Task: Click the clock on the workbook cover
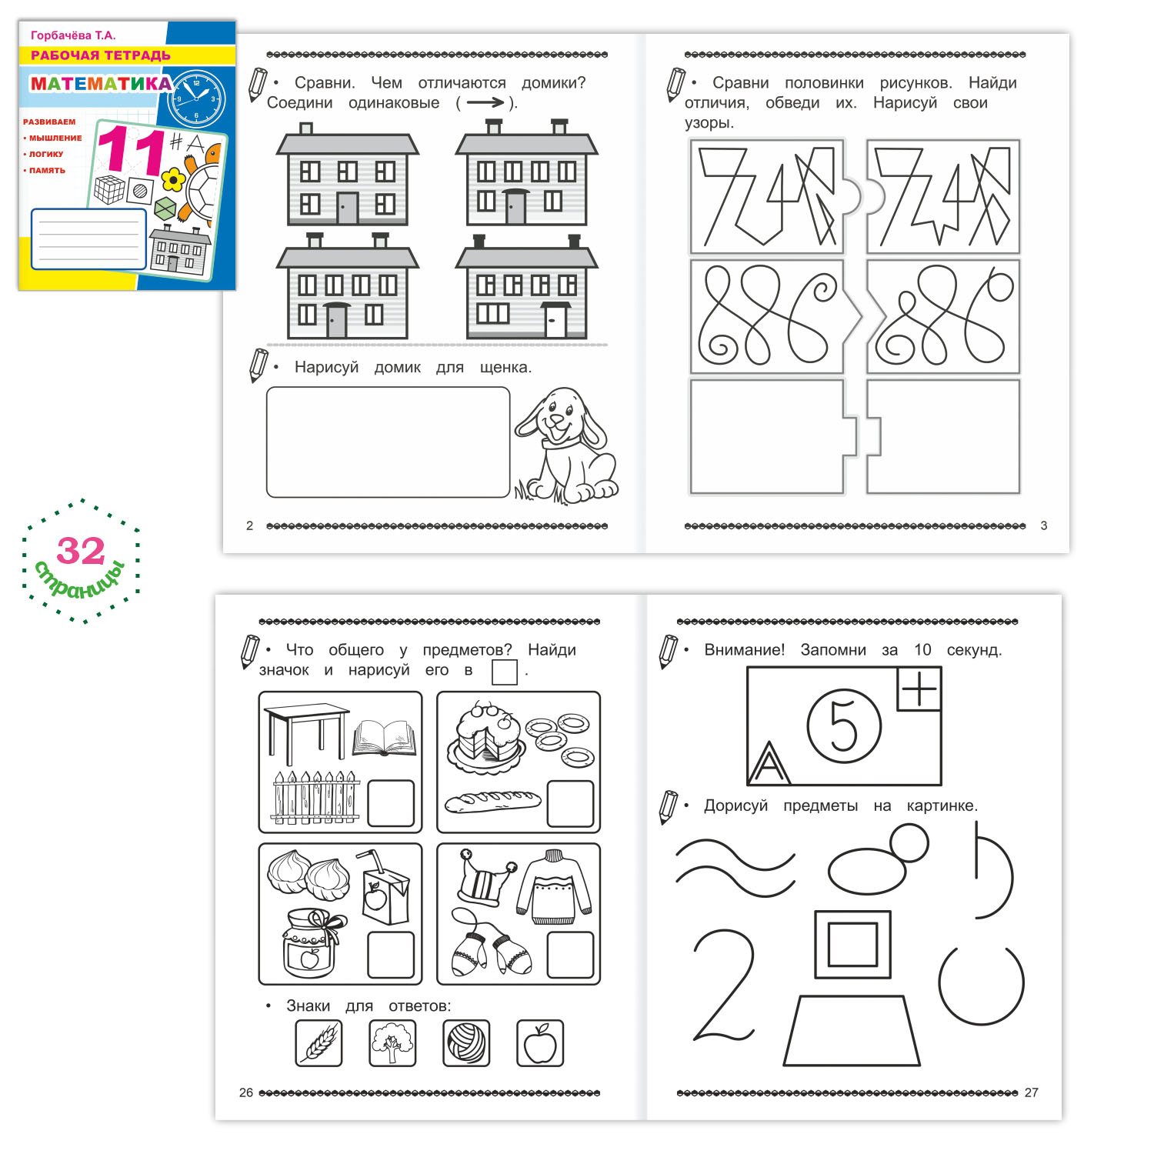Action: (x=196, y=98)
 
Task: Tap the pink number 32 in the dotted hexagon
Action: (x=81, y=551)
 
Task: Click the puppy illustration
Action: (x=567, y=445)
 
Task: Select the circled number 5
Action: (x=844, y=725)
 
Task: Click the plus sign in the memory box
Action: (x=919, y=689)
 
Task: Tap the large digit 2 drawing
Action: (x=724, y=986)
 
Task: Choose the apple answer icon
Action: (x=540, y=1043)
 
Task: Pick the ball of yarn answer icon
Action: (x=466, y=1043)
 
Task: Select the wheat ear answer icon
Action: (x=319, y=1043)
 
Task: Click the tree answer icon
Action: (x=392, y=1043)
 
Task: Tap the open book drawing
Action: (x=385, y=738)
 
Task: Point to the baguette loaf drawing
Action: (x=493, y=801)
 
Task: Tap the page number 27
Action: (x=1032, y=1092)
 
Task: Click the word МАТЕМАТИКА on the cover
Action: (x=101, y=83)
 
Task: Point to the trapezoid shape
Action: (x=852, y=1031)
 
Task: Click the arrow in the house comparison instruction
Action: (x=485, y=102)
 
